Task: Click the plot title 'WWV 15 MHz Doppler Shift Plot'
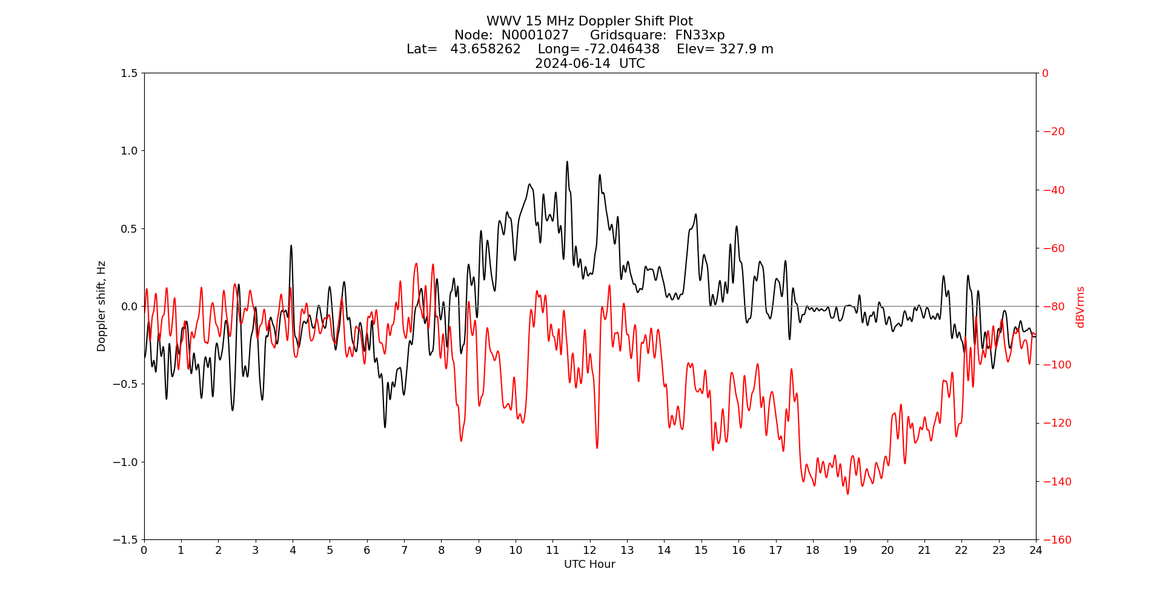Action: [x=589, y=22]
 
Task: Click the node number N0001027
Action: [x=535, y=35]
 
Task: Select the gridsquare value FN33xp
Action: [x=700, y=35]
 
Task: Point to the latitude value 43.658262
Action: [x=485, y=49]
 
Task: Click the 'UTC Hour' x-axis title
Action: [x=589, y=564]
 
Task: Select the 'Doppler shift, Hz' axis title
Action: [x=102, y=306]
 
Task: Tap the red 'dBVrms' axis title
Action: [x=1080, y=307]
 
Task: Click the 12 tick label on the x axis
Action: [x=589, y=550]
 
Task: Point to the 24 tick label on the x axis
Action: [x=1036, y=550]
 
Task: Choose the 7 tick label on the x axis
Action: [x=404, y=550]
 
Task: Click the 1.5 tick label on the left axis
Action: [x=129, y=73]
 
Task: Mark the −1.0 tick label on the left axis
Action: [x=126, y=462]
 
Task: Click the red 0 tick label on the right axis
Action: [x=1045, y=73]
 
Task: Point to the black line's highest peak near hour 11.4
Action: [x=567, y=162]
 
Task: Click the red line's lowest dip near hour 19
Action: [x=847, y=494]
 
